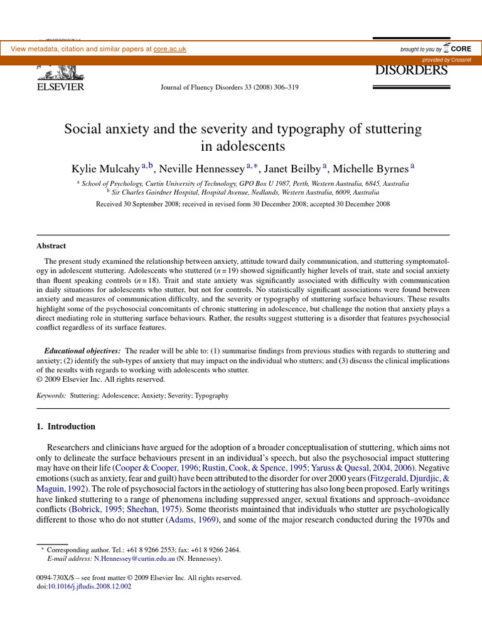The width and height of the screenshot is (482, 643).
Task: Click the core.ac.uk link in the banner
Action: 169,49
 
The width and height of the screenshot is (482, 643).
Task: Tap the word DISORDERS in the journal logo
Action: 411,70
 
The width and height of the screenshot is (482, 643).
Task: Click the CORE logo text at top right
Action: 461,48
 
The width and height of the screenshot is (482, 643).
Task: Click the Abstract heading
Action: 52,246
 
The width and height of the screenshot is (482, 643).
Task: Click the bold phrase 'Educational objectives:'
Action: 82,350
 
